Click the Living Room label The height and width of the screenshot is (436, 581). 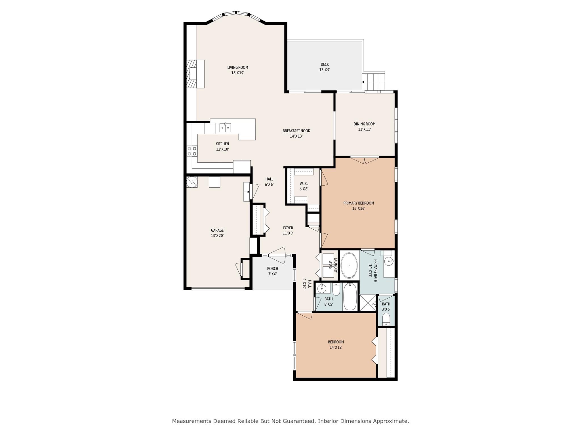(237, 68)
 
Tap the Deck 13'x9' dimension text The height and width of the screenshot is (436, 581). (325, 70)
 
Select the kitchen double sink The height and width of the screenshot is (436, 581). (225, 128)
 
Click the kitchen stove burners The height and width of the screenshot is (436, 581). (192, 151)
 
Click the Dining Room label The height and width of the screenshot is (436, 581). (364, 124)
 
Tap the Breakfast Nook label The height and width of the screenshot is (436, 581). (296, 131)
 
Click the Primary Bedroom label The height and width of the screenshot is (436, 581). (359, 203)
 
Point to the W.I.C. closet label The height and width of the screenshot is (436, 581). (304, 184)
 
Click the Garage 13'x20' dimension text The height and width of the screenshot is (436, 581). (217, 236)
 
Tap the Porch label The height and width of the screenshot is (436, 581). (272, 269)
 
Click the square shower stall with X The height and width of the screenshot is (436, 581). (367, 303)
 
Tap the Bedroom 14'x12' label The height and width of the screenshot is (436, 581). (336, 342)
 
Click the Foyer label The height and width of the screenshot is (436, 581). (288, 228)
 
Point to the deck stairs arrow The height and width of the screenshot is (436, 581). (363, 82)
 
